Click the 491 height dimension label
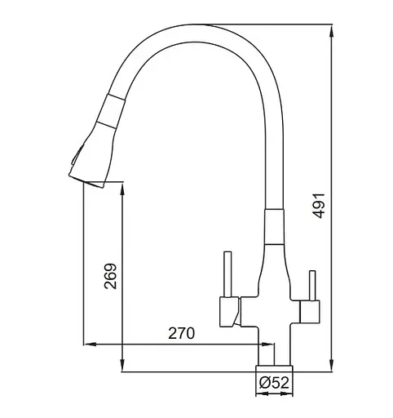319,206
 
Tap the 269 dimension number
110,276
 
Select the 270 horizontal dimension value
182,333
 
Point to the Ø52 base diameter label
274,383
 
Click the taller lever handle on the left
227,274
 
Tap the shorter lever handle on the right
312,286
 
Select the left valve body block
230,312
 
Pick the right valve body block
309,312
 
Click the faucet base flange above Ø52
274,368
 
